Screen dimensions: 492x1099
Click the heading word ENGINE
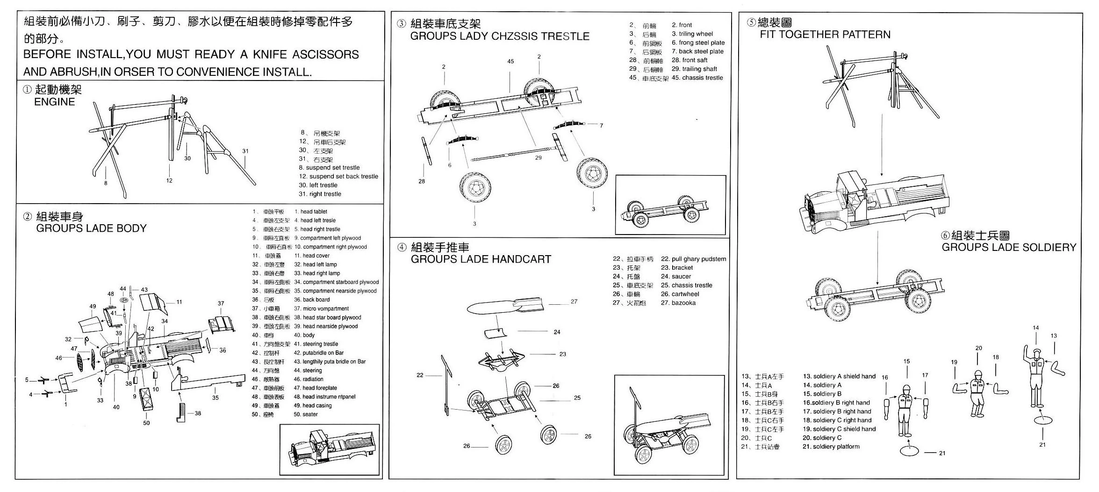pos(54,102)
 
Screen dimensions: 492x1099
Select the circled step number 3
pos(401,24)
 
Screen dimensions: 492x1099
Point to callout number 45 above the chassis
pos(510,61)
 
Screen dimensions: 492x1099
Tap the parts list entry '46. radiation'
pos(308,379)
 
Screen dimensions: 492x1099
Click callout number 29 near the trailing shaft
pos(538,158)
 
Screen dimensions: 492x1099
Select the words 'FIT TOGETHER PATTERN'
pos(825,34)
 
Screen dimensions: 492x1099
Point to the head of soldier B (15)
pos(906,389)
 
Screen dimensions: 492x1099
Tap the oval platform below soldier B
pos(909,452)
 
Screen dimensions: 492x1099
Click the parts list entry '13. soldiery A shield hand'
pos(839,376)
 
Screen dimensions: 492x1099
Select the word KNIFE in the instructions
pos(270,54)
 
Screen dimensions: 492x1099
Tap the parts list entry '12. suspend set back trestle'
pos(338,176)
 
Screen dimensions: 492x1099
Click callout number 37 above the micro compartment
pos(221,303)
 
